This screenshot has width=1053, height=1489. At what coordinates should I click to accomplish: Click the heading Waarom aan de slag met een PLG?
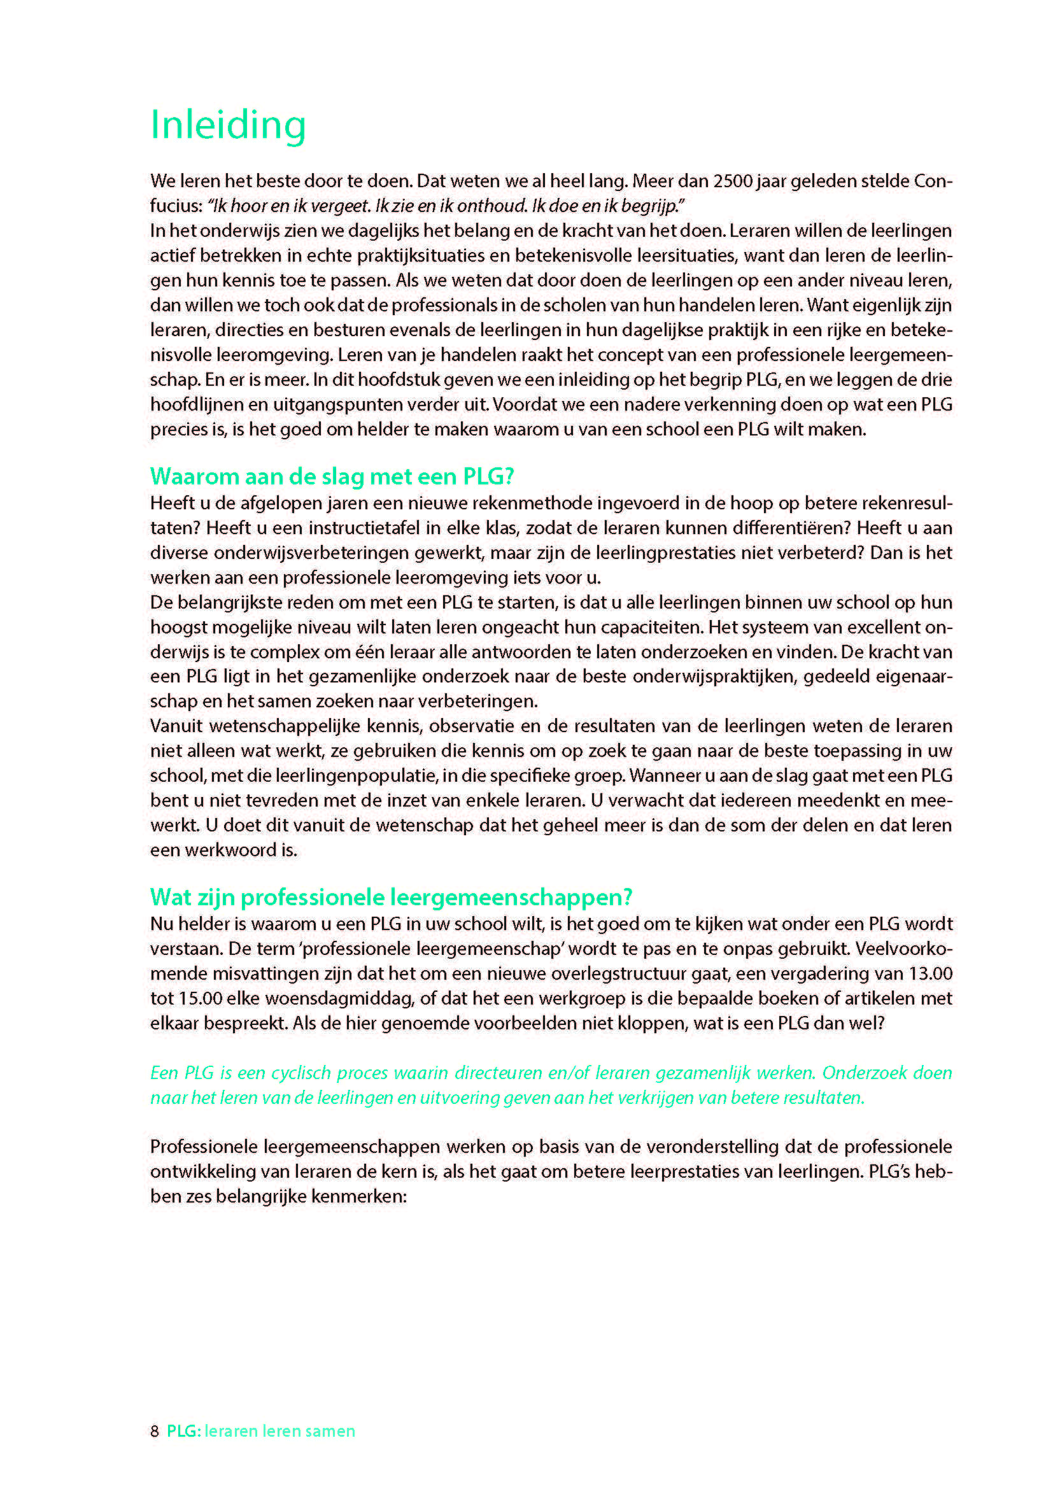331,477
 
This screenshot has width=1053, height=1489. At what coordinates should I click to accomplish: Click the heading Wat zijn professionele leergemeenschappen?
391,898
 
